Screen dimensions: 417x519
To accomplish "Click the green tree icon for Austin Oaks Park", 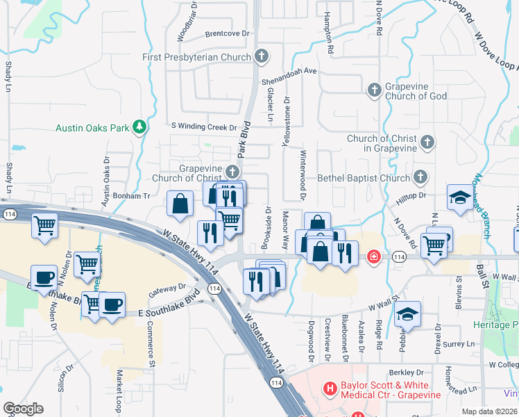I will (141, 126).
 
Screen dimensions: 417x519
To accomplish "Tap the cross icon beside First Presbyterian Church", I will (262, 56).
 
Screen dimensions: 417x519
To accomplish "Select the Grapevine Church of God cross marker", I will (374, 90).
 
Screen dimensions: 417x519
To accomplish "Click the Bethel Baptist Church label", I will (364, 178).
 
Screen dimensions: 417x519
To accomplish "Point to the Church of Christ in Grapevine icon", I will (427, 142).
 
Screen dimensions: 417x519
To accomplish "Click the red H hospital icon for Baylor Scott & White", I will (330, 388).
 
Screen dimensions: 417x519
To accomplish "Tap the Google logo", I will (23, 409).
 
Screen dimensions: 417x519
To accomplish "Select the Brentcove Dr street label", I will (228, 33).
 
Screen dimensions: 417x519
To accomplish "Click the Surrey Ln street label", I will (459, 343).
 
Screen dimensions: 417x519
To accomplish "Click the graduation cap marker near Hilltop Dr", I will (459, 198).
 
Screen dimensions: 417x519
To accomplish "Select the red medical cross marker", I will (374, 257).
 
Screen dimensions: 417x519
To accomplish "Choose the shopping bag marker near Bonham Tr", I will (180, 204).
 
